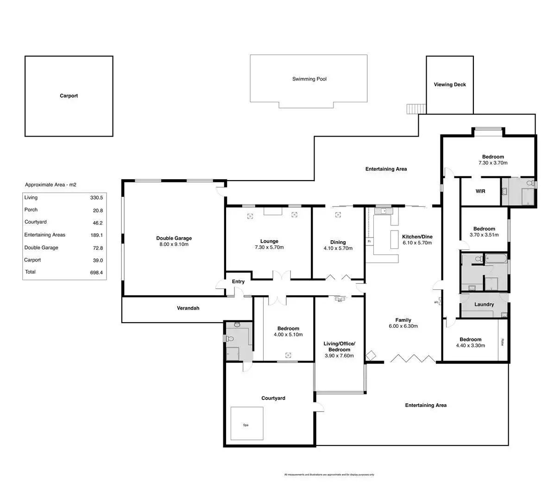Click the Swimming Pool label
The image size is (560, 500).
[x=309, y=79]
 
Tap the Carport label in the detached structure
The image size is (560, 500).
[x=69, y=96]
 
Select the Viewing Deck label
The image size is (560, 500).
[x=449, y=85]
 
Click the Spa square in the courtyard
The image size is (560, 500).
[x=247, y=424]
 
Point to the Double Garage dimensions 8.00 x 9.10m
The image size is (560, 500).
[x=174, y=244]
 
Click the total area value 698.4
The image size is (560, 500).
[x=96, y=272]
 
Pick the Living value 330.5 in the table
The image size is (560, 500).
[x=96, y=198]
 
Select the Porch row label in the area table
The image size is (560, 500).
[x=31, y=210]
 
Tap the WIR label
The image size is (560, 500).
[x=480, y=191]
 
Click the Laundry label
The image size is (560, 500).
[x=484, y=305]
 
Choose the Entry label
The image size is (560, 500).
[x=238, y=281]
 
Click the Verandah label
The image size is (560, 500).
[x=188, y=308]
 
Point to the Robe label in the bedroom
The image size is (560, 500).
[x=502, y=343]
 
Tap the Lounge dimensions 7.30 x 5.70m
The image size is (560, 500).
[x=269, y=247]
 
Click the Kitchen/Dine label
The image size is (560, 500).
[x=417, y=237]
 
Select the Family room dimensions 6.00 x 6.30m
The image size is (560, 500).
[x=403, y=326]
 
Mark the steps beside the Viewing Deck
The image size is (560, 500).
[x=415, y=109]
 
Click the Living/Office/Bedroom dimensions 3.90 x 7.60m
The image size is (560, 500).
[x=339, y=356]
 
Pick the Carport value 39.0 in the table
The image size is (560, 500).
[x=98, y=260]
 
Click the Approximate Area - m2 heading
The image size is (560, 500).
[x=50, y=185]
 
